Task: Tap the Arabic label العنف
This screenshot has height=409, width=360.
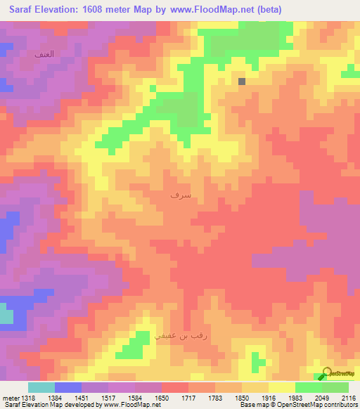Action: point(44,54)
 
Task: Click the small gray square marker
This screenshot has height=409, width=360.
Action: point(242,82)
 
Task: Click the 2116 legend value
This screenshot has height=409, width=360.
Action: point(349,398)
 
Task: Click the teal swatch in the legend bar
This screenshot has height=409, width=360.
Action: point(41,387)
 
